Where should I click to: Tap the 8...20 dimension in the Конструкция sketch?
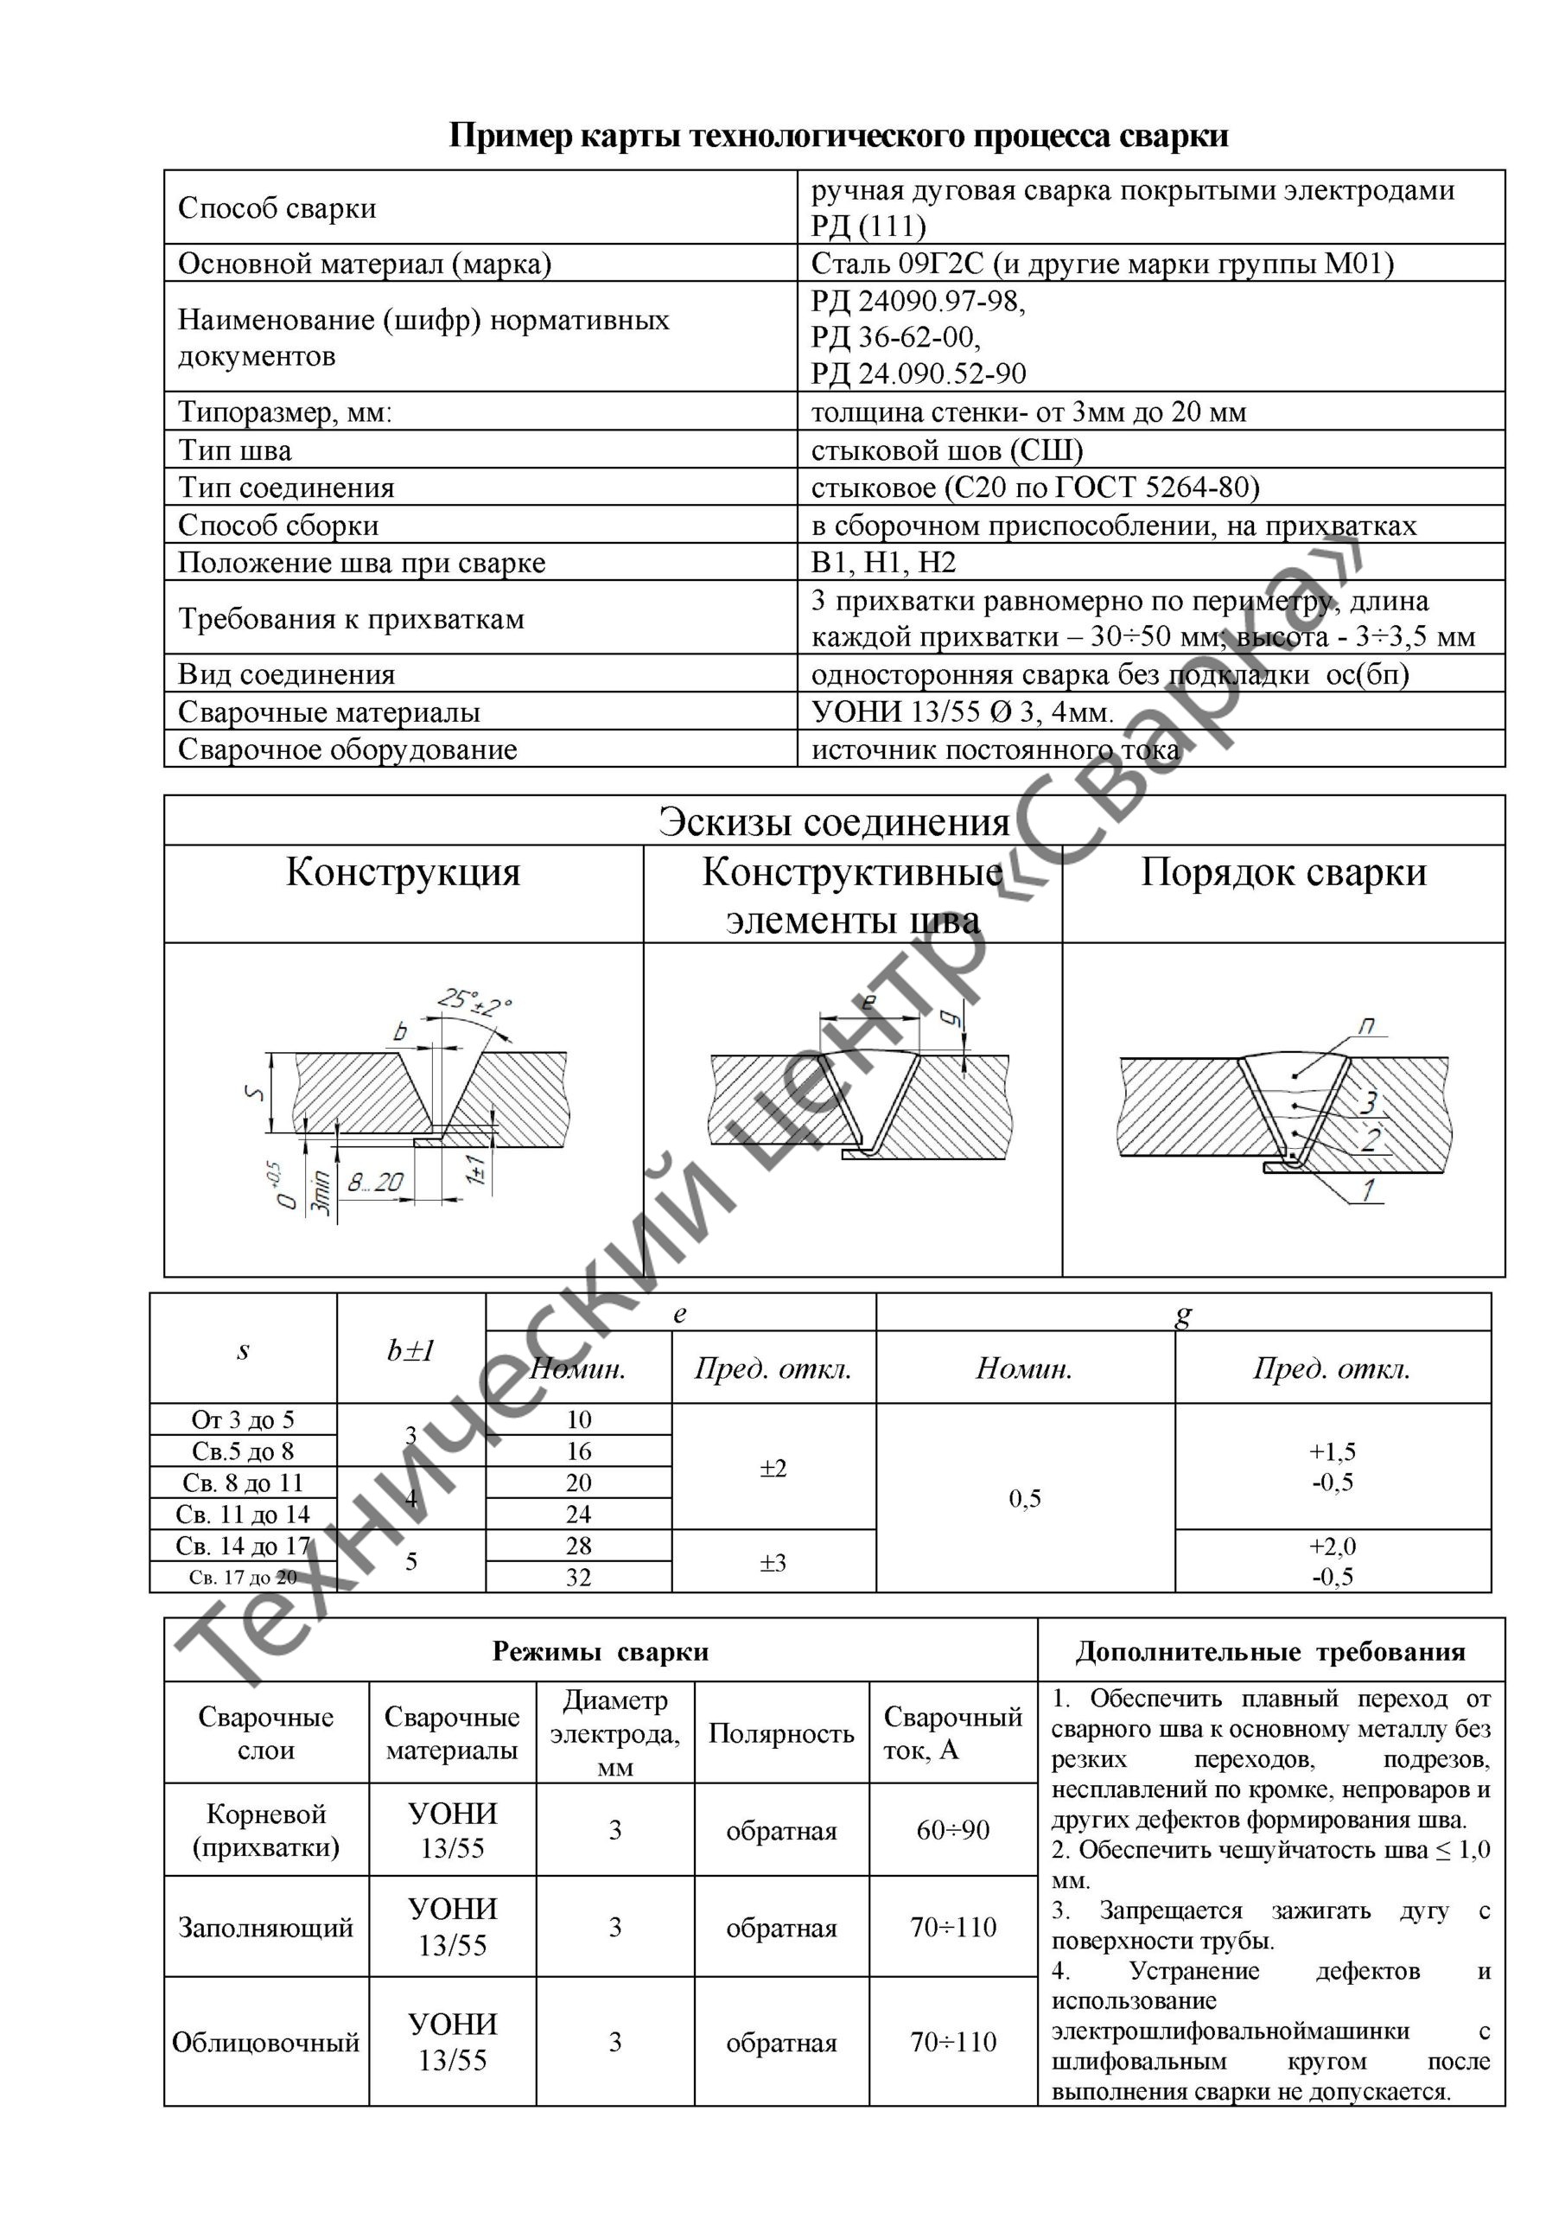click(x=375, y=1182)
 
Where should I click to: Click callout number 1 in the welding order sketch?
click(x=1366, y=1190)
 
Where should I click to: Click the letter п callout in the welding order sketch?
click(x=1366, y=1028)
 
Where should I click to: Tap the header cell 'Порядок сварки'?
click(x=1282, y=872)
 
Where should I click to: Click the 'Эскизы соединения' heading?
click(x=834, y=822)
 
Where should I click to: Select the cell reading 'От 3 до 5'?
click(x=243, y=1419)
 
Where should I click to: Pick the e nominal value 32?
click(x=578, y=1577)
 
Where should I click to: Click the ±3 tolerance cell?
click(x=773, y=1561)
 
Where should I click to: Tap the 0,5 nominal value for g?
click(x=1024, y=1498)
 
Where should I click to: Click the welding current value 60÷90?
click(x=952, y=1829)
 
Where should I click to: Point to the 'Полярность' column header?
click(x=780, y=1733)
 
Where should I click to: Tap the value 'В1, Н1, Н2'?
click(x=884, y=562)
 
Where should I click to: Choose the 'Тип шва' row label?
click(x=234, y=450)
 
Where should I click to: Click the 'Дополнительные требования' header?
click(x=1270, y=1652)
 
